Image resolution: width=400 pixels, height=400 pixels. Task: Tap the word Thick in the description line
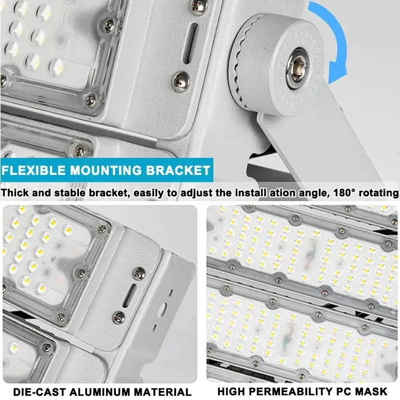tap(14, 193)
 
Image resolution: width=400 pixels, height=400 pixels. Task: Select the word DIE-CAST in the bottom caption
tap(34, 392)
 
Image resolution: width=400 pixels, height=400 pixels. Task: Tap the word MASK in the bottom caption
tap(372, 392)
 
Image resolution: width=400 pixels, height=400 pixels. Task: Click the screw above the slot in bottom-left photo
tap(139, 273)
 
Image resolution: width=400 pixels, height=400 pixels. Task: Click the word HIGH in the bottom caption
tap(232, 392)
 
